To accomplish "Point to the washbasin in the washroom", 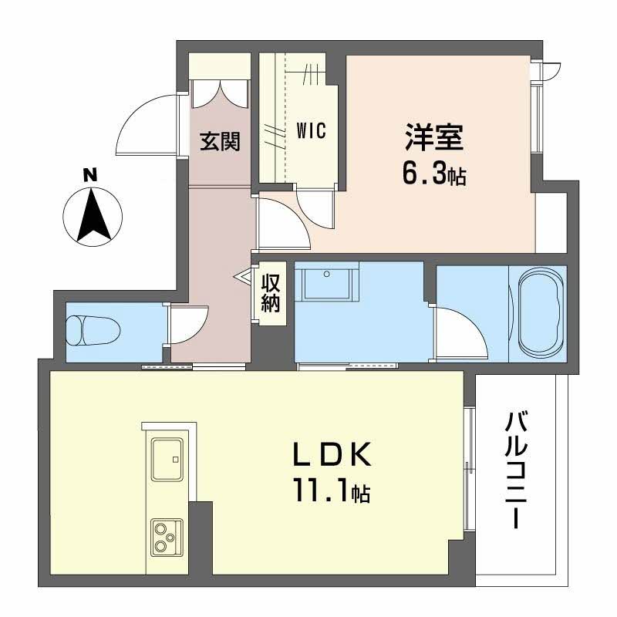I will coord(328,283).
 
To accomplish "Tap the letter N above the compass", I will coord(90,175).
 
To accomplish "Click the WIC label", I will coord(311,132).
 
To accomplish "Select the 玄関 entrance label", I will coord(220,140).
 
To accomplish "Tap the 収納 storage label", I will coord(269,292).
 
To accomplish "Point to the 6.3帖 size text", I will coord(433,175).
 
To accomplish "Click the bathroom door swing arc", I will coord(458,332).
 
